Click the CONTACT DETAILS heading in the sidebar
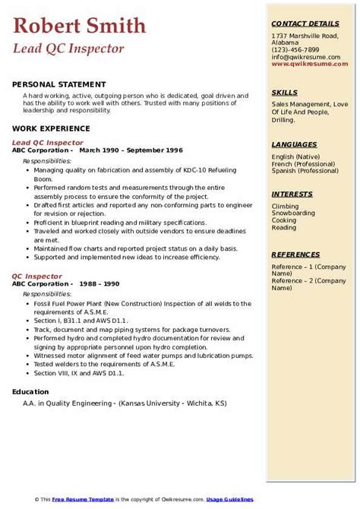click(x=305, y=24)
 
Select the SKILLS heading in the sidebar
click(x=284, y=92)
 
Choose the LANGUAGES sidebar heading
click(x=295, y=144)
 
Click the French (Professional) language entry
click(x=305, y=164)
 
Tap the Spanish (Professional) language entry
click(x=305, y=171)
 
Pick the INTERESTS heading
click(x=292, y=194)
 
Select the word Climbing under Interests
click(x=286, y=206)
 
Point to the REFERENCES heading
click(x=297, y=254)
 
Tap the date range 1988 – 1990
click(x=99, y=283)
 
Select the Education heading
click(x=31, y=391)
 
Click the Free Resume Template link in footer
click(x=82, y=498)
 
